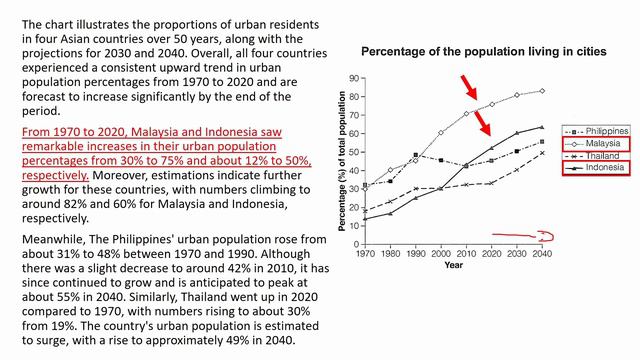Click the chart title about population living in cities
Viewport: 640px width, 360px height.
tap(484, 52)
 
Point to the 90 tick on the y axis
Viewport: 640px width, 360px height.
tap(354, 78)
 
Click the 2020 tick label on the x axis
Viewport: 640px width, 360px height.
tap(491, 253)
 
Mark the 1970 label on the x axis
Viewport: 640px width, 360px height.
tap(365, 253)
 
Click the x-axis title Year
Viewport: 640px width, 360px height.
tap(453, 265)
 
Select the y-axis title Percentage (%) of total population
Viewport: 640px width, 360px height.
tap(342, 161)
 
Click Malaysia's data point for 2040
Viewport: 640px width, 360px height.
tap(542, 91)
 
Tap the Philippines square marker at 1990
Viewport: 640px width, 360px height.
tap(416, 155)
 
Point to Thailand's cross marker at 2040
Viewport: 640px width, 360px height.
tap(542, 153)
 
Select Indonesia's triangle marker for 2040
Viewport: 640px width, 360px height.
tap(542, 127)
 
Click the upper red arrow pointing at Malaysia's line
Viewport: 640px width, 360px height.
tap(469, 87)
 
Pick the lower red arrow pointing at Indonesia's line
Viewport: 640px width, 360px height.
tap(482, 123)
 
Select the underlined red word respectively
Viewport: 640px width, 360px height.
tap(55, 176)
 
